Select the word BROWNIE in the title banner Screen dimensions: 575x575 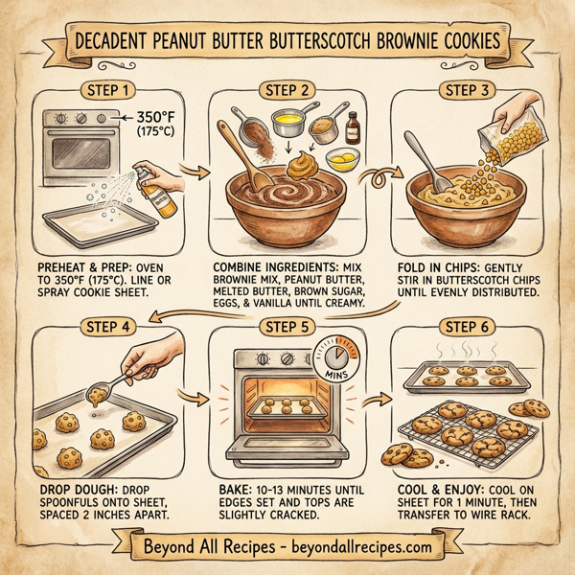point(421,42)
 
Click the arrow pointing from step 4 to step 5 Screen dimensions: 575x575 point(198,396)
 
